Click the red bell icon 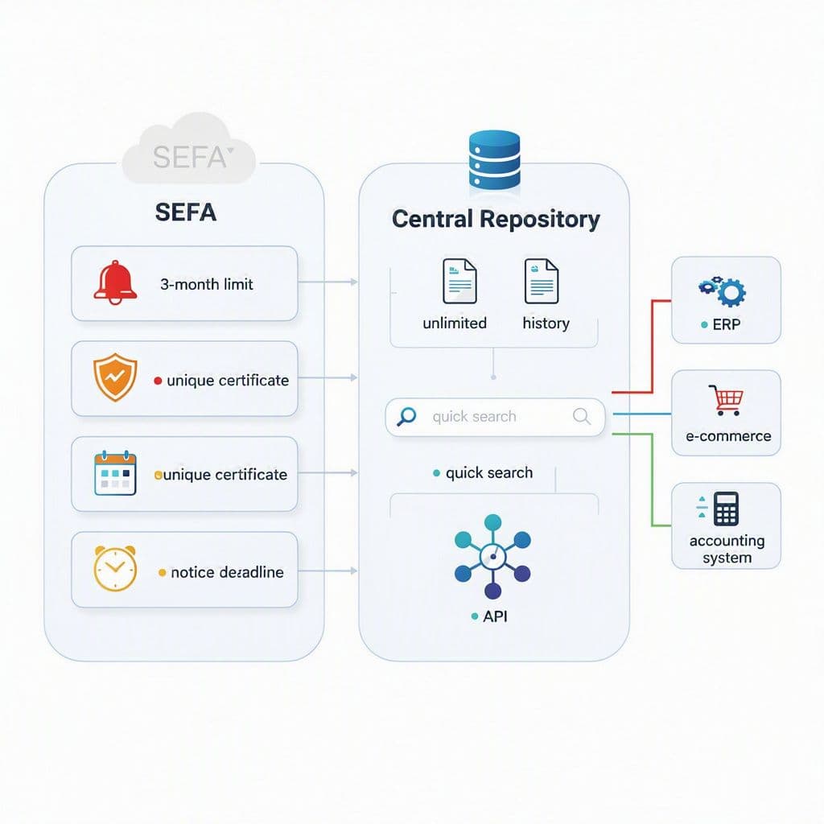point(115,282)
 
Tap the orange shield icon point(115,377)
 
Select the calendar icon point(115,472)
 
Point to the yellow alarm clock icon point(115,568)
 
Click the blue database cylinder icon point(494,160)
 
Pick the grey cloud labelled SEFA point(188,150)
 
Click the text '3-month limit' point(207,284)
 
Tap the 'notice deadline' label point(227,572)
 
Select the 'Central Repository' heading point(496,219)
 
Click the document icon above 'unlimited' point(459,281)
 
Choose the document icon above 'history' point(542,281)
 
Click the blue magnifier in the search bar point(406,416)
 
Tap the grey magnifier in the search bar point(581,416)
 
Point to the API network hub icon point(492,556)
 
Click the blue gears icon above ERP point(722,290)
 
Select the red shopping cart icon point(726,400)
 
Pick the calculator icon point(726,509)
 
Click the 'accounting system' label point(727,549)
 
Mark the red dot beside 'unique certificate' point(158,381)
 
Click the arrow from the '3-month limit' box point(328,282)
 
